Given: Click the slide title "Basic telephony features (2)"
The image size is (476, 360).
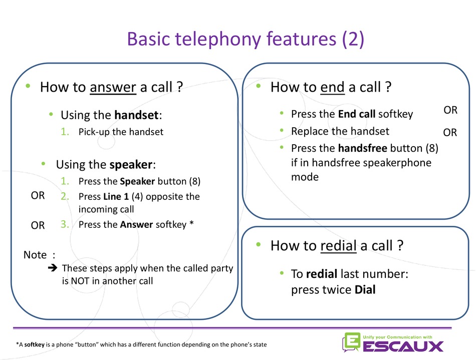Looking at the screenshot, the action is click(246, 39).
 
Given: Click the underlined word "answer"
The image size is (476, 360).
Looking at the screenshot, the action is click(113, 87).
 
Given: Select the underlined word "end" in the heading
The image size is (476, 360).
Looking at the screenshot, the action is click(332, 87).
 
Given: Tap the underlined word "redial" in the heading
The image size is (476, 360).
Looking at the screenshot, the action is click(339, 246).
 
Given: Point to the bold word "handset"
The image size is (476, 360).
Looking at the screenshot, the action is click(137, 115).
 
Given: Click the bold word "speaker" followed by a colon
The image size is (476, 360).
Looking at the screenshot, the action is click(131, 164).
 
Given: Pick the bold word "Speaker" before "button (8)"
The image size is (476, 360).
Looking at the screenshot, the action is click(137, 181).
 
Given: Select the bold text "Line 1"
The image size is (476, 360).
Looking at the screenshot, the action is click(116, 197).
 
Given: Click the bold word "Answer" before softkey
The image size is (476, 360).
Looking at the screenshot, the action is click(137, 224).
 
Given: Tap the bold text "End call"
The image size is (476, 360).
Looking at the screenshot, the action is click(357, 114).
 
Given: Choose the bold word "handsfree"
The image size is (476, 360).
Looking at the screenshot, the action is click(363, 148).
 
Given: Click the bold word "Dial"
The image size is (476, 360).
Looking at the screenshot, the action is click(365, 289).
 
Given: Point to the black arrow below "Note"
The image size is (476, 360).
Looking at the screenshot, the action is click(53, 268).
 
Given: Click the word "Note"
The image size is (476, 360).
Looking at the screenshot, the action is click(35, 255).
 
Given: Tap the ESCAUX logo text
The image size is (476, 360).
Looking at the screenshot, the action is click(403, 346).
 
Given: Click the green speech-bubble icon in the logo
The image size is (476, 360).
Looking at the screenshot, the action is click(351, 342).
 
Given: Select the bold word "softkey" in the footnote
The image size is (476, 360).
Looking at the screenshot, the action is click(34, 344).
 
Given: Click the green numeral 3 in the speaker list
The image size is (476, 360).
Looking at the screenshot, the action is click(64, 224).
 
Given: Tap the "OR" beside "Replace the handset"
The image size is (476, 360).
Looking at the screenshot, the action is click(450, 133).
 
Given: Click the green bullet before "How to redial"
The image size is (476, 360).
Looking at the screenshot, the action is click(259, 244).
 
